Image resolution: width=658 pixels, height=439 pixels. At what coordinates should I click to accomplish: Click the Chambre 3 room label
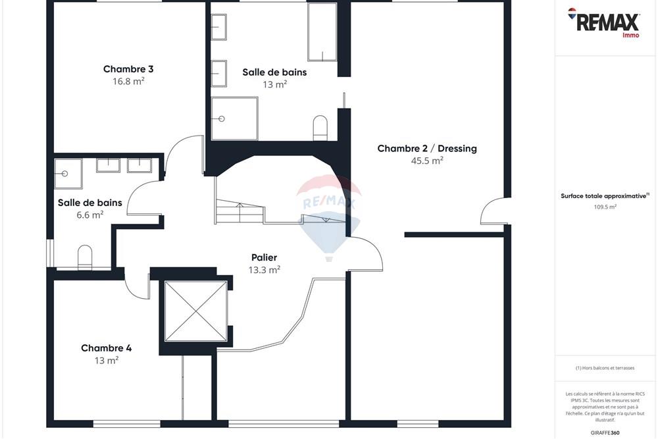[x=128, y=69]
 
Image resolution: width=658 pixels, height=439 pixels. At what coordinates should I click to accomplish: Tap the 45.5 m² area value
[x=426, y=161]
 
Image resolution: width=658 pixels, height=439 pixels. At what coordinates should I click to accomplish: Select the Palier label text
[x=264, y=257]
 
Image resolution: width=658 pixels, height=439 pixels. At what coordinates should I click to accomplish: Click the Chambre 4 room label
[x=106, y=348]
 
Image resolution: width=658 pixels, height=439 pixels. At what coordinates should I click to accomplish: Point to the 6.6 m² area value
[x=89, y=215]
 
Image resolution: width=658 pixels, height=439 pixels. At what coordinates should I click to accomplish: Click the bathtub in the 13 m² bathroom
[x=322, y=32]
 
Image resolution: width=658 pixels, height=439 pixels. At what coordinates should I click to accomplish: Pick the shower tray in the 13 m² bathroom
[x=234, y=118]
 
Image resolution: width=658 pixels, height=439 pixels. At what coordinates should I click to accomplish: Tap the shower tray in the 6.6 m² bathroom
[x=68, y=173]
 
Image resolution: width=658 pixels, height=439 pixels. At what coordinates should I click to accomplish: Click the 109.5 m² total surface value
[x=605, y=207]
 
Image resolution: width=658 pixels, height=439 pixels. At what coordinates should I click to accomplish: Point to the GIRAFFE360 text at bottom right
[x=605, y=432]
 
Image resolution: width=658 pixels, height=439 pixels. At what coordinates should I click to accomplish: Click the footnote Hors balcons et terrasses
[x=605, y=368]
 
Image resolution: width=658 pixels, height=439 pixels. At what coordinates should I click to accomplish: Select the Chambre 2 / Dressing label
[x=426, y=149]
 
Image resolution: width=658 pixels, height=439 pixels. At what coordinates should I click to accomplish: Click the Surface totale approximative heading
[x=604, y=195]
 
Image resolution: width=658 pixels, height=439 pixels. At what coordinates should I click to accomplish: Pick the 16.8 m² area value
[x=128, y=82]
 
